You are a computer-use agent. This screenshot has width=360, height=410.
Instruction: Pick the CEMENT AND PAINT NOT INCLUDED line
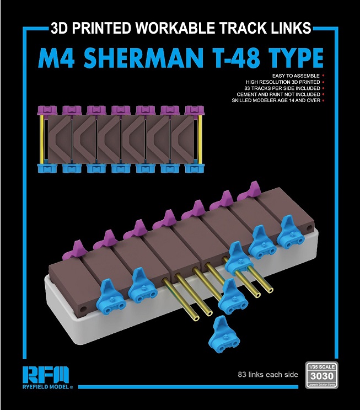276,94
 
